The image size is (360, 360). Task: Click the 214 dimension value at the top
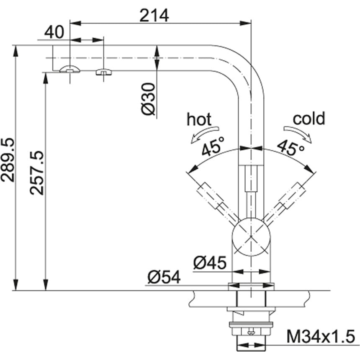coord(154,15)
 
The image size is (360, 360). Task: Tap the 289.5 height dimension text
coord(8,160)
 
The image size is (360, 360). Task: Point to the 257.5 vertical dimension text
coord(36,173)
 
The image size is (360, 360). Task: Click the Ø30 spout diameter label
coord(148,99)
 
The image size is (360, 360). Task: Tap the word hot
coord(199,119)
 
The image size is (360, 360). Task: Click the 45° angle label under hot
coord(213,146)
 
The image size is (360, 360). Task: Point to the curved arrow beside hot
coord(205,134)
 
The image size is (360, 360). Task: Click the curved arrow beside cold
coord(298,134)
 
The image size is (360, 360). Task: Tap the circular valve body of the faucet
coord(251,237)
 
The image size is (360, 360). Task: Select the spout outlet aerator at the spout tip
coord(69,69)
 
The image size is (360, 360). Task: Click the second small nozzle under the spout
coord(103,72)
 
